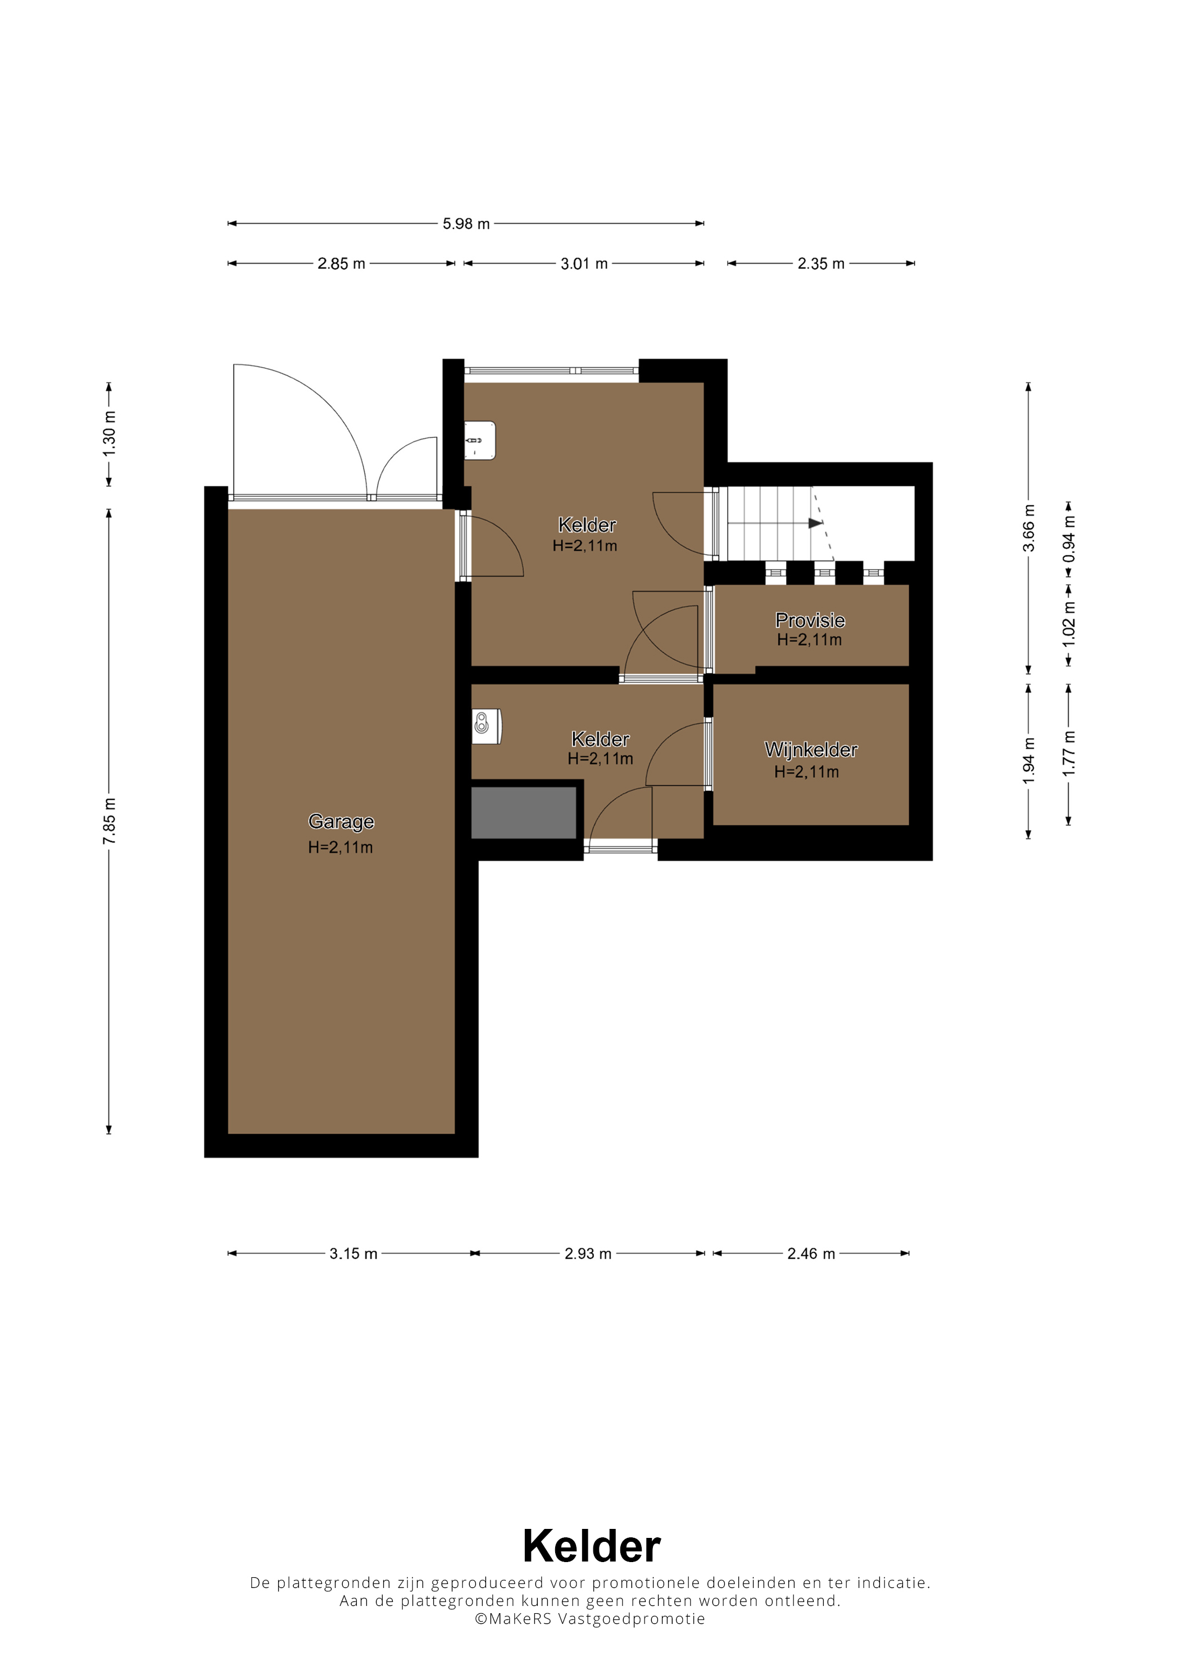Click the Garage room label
tap(341, 821)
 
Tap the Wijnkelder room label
tap(811, 749)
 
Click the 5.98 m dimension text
tap(466, 224)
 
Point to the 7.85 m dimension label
tap(109, 821)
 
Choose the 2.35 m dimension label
tap(821, 264)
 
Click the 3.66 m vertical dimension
tap(1029, 528)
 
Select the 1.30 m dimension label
tap(109, 435)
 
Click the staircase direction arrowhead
tap(816, 523)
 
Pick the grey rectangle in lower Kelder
tap(524, 812)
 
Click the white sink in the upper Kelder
tap(480, 441)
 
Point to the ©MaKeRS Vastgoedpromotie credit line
tap(589, 1618)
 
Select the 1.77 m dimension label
tap(1069, 754)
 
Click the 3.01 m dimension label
tap(584, 264)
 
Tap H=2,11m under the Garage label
tap(341, 847)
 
